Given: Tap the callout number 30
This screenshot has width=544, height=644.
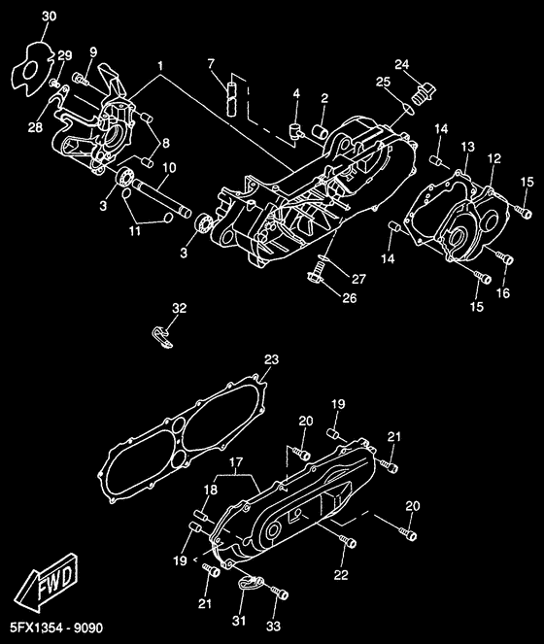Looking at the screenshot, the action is pos(50,17).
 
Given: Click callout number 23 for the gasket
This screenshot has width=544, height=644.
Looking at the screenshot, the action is pos(271,359).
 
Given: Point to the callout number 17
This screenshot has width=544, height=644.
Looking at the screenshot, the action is pos(236,462).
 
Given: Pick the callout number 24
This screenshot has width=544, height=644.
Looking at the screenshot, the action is pos(402,64).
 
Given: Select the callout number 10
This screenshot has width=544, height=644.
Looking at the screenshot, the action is pos(169,168).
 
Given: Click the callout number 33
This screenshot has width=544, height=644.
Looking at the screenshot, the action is pos(273,626).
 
